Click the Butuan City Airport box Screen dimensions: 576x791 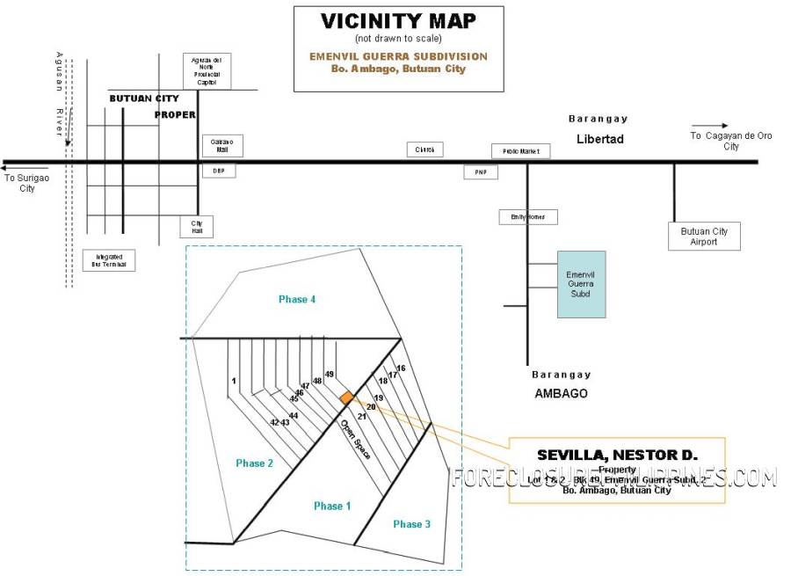(x=704, y=237)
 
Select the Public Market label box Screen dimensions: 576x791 (x=520, y=151)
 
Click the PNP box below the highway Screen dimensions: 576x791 (x=481, y=172)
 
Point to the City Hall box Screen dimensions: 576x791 (x=197, y=227)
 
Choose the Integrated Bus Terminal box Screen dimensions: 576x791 (x=110, y=260)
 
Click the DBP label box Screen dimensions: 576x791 (x=218, y=171)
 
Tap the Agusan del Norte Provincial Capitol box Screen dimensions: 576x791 (x=207, y=71)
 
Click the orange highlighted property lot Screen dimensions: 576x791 (x=347, y=398)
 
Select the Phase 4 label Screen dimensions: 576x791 (x=297, y=300)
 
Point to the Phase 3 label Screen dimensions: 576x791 (x=411, y=524)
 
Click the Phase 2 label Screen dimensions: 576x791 (x=255, y=463)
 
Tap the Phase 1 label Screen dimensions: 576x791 (x=333, y=506)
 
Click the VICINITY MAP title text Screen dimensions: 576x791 (x=398, y=21)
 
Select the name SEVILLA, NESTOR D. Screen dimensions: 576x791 (x=617, y=455)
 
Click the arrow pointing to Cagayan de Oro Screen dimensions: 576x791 (x=709, y=126)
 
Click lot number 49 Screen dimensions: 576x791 (x=330, y=375)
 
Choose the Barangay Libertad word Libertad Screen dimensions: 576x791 (x=600, y=139)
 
